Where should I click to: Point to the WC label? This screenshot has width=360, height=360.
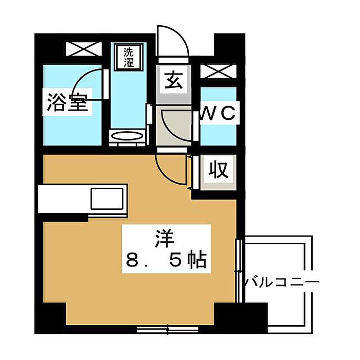tap(218, 113)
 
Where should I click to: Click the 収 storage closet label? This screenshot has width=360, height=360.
tap(219, 170)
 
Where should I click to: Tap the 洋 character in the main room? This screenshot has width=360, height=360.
tap(165, 238)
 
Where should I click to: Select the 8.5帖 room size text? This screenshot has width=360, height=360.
tap(166, 260)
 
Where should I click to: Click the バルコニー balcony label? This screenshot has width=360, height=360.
tap(281, 282)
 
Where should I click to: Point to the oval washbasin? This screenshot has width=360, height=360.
tap(127, 136)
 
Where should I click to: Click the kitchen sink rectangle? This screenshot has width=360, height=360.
tap(107, 199)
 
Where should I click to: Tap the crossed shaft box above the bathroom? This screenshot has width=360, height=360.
tap(84, 49)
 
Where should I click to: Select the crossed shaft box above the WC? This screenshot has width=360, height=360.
tap(219, 71)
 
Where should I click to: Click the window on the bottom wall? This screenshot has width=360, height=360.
tap(167, 329)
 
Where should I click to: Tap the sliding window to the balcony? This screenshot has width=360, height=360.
tap(239, 271)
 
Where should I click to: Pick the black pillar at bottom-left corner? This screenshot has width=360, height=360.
tap(50, 318)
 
